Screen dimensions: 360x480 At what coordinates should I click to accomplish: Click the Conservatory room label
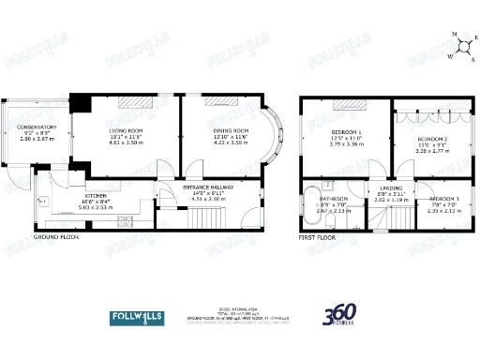pos(37,127)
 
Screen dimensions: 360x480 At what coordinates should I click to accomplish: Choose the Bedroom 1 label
pos(347,132)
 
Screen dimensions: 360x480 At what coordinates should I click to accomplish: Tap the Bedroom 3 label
pos(444,200)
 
